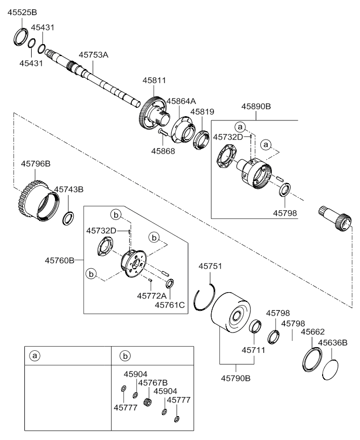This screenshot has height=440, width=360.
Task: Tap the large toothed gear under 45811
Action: (150, 112)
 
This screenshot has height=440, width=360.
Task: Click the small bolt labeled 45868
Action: (162, 133)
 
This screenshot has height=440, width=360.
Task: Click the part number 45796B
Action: (35, 164)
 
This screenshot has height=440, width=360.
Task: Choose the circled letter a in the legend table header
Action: (35, 356)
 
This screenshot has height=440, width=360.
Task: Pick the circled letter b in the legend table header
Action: (124, 356)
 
